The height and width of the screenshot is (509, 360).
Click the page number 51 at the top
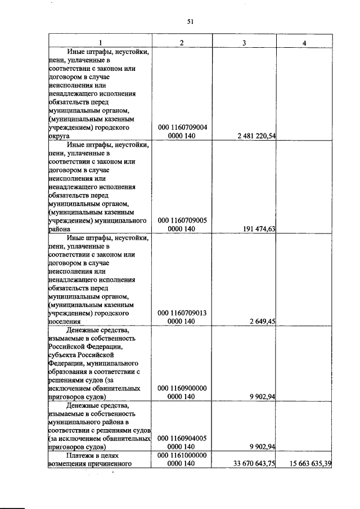(x=190, y=22)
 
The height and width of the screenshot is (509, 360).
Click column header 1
(x=100, y=43)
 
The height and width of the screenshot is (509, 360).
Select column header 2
(x=182, y=43)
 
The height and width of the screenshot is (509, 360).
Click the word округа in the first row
(x=60, y=137)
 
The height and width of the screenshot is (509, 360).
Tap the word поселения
(x=65, y=322)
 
